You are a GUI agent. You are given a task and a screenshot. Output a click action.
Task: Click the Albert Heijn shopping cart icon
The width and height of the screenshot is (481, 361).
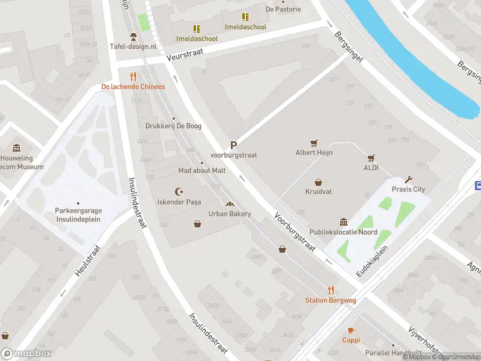click(x=313, y=143)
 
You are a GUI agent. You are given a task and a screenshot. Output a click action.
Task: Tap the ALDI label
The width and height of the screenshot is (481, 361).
click(x=371, y=168)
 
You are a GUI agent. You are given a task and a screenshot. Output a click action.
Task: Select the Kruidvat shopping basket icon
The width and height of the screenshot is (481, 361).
click(x=318, y=182)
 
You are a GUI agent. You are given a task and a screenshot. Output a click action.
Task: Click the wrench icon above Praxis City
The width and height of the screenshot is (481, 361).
click(x=409, y=179)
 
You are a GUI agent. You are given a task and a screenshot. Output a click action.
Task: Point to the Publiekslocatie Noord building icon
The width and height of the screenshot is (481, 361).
click(x=343, y=222)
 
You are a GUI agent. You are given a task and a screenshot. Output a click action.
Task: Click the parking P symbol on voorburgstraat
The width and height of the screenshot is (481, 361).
click(x=233, y=145)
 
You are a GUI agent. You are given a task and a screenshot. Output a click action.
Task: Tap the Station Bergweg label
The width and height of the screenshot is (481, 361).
click(x=329, y=300)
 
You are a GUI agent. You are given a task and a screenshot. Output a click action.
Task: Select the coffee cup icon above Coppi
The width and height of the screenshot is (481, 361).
click(x=351, y=330)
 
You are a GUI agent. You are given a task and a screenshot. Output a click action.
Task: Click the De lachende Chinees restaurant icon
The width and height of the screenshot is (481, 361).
click(x=133, y=76)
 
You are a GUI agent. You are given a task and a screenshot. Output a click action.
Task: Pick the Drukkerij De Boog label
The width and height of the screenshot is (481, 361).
click(x=173, y=126)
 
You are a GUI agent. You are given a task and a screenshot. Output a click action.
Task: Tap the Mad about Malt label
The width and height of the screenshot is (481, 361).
click(x=202, y=170)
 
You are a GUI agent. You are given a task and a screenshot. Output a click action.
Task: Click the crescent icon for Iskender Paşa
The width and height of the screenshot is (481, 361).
click(x=178, y=191)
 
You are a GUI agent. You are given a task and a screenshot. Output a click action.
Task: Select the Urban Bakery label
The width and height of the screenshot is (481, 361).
click(x=229, y=214)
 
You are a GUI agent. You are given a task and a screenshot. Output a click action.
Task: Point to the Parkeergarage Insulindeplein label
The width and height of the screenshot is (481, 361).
click(x=78, y=215)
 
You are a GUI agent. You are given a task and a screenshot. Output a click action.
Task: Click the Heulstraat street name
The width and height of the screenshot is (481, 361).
click(x=86, y=264)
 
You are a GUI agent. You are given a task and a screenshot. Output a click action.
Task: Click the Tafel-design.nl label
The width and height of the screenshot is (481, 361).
click(x=133, y=46)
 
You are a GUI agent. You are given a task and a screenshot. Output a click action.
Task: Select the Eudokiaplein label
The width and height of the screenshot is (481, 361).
click(x=373, y=261)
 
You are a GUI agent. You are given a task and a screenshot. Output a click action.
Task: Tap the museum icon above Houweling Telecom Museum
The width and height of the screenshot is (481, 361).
click(x=16, y=148)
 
